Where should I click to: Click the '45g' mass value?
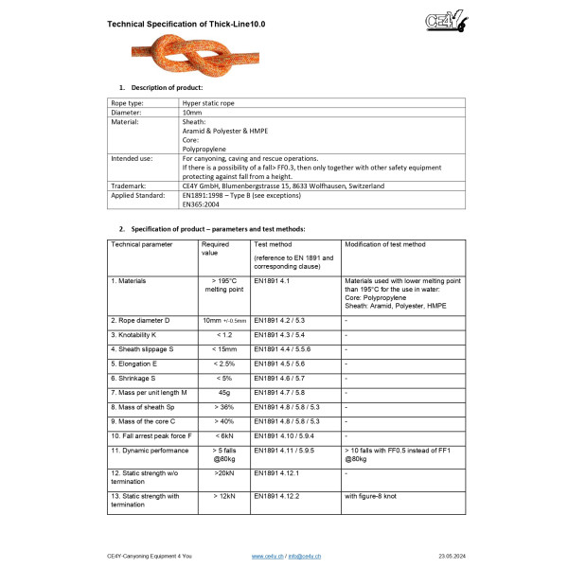(x=224, y=392)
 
